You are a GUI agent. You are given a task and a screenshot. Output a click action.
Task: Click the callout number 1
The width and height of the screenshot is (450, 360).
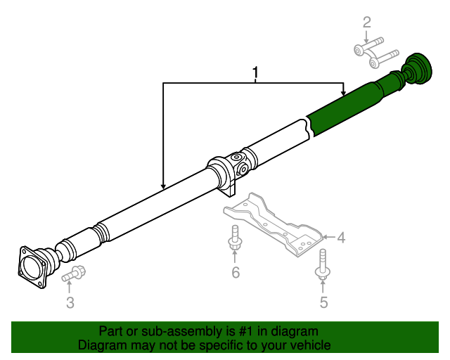click(x=256, y=73)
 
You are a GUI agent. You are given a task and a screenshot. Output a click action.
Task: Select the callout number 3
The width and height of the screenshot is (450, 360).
click(x=70, y=303)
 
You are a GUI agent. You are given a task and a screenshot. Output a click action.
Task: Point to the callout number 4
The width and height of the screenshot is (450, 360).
click(x=341, y=238)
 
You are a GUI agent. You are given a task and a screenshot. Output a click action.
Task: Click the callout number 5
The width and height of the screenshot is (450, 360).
click(x=323, y=303)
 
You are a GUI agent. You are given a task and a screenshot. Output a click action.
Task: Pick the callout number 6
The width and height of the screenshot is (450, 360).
click(x=236, y=272)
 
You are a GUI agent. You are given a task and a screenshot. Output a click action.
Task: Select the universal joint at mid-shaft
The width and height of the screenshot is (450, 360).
click(x=243, y=162)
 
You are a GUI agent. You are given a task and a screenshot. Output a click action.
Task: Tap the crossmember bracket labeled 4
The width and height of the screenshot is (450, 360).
click(x=274, y=224)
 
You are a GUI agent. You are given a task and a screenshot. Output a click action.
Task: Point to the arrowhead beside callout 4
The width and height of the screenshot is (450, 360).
click(x=327, y=238)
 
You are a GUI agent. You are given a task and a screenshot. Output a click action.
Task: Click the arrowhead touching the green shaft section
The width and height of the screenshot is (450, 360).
click(x=343, y=94)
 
